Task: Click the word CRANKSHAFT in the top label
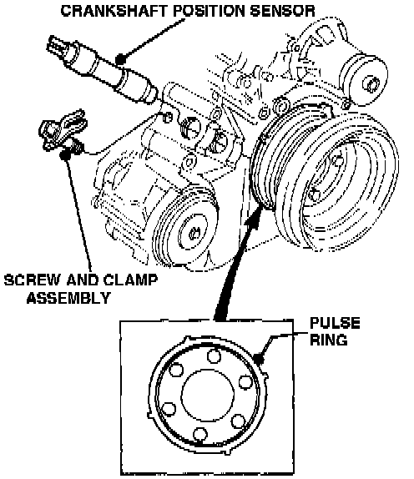point(114,11)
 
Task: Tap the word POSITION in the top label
point(209,11)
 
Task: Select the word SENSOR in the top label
point(282,11)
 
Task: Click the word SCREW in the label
point(32,280)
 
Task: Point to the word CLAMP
point(130,280)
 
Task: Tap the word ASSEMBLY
point(68,298)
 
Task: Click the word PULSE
point(335,323)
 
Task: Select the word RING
point(329,340)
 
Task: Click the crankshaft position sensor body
point(103,71)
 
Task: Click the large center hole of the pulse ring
point(208,395)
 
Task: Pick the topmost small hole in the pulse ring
point(214,356)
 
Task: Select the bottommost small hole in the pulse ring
point(200,434)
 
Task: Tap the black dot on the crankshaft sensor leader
point(121,58)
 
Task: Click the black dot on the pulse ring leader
point(259,358)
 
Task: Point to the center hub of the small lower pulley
point(193,234)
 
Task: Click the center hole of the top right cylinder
point(371,83)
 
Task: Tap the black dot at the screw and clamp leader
point(65,155)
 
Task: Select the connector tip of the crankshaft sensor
point(57,46)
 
